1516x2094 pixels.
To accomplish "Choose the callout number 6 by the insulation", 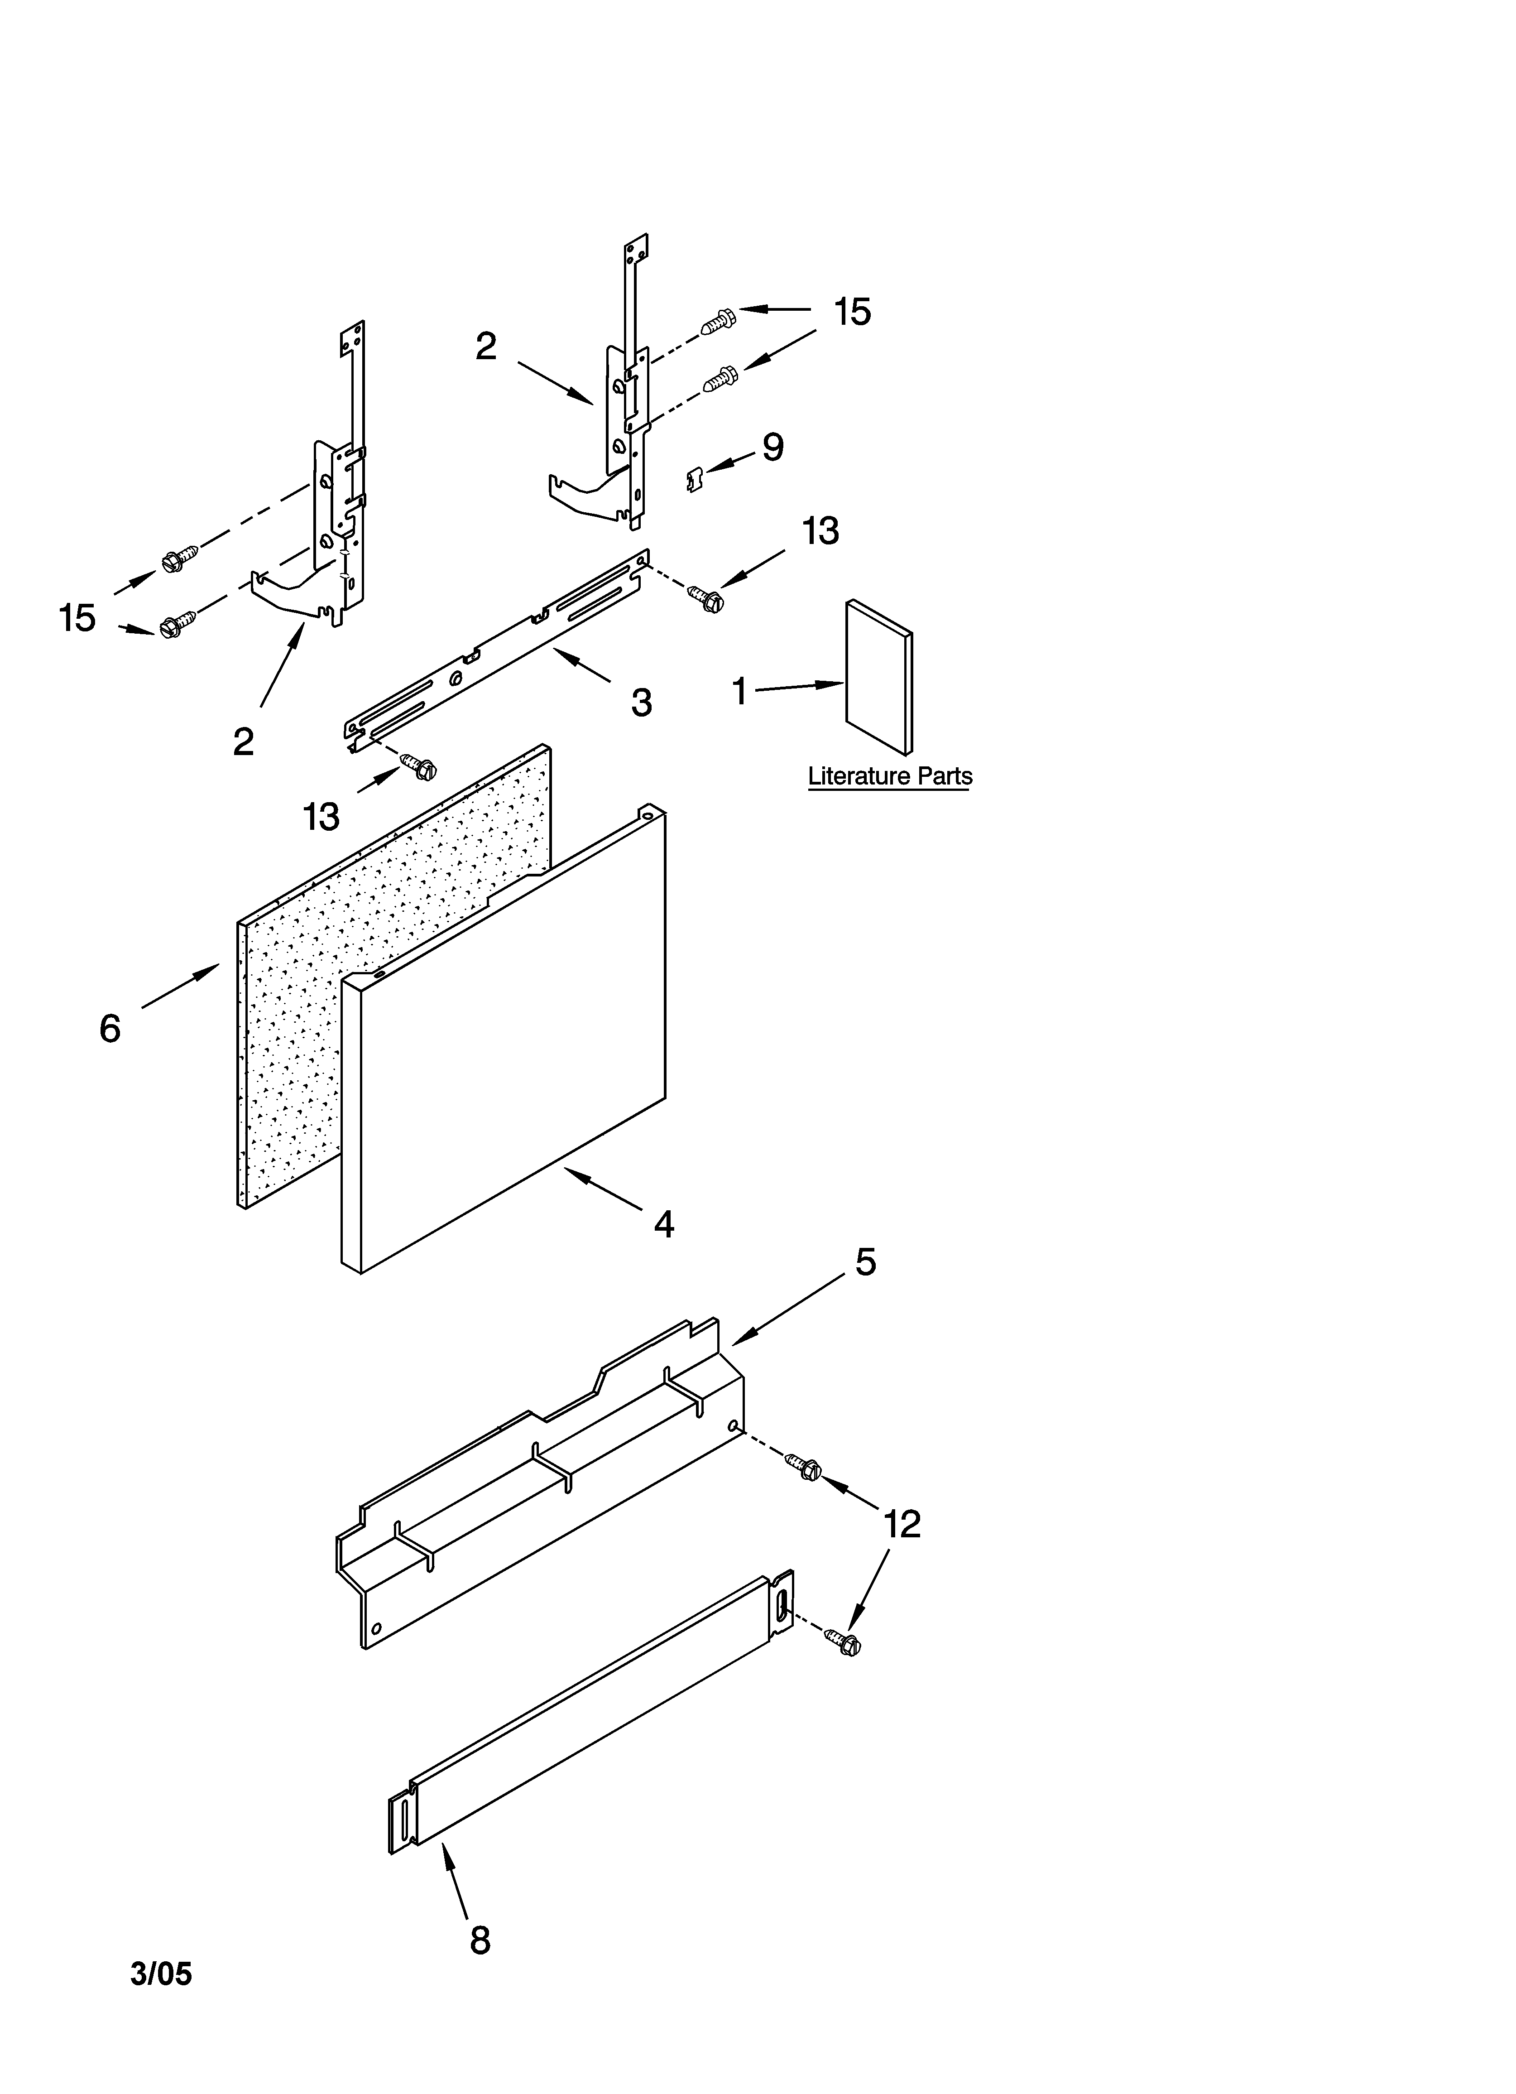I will [110, 1028].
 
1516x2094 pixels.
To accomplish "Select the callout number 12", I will [902, 1524].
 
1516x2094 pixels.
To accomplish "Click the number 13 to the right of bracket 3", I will [820, 531].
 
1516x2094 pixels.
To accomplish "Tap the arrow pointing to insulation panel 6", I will [181, 984].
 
